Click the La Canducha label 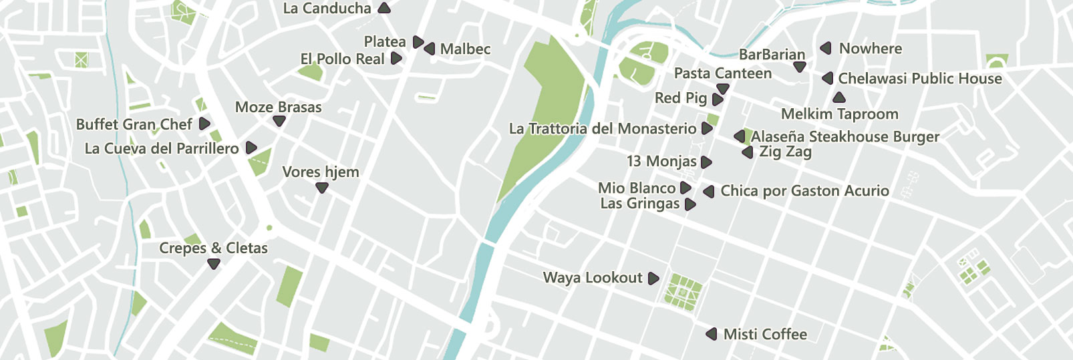pyautogui.click(x=327, y=9)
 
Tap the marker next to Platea pyautogui.click(x=418, y=42)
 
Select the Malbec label pyautogui.click(x=465, y=49)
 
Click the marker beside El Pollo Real pyautogui.click(x=396, y=59)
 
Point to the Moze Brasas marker pyautogui.click(x=279, y=121)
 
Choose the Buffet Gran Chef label pyautogui.click(x=134, y=124)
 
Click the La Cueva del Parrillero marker pyautogui.click(x=251, y=148)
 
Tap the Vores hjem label pyautogui.click(x=321, y=172)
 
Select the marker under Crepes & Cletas pyautogui.click(x=214, y=263)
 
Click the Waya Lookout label pyautogui.click(x=593, y=278)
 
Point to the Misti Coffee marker pyautogui.click(x=712, y=334)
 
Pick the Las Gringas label pyautogui.click(x=640, y=204)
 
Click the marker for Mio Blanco pyautogui.click(x=685, y=188)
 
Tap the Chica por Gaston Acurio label pyautogui.click(x=804, y=191)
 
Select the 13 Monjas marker pyautogui.click(x=706, y=162)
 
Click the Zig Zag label pyautogui.click(x=785, y=152)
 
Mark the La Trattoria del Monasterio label pyautogui.click(x=602, y=129)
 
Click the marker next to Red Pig pyautogui.click(x=718, y=99)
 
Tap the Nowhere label pyautogui.click(x=870, y=49)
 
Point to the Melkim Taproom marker pyautogui.click(x=839, y=98)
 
